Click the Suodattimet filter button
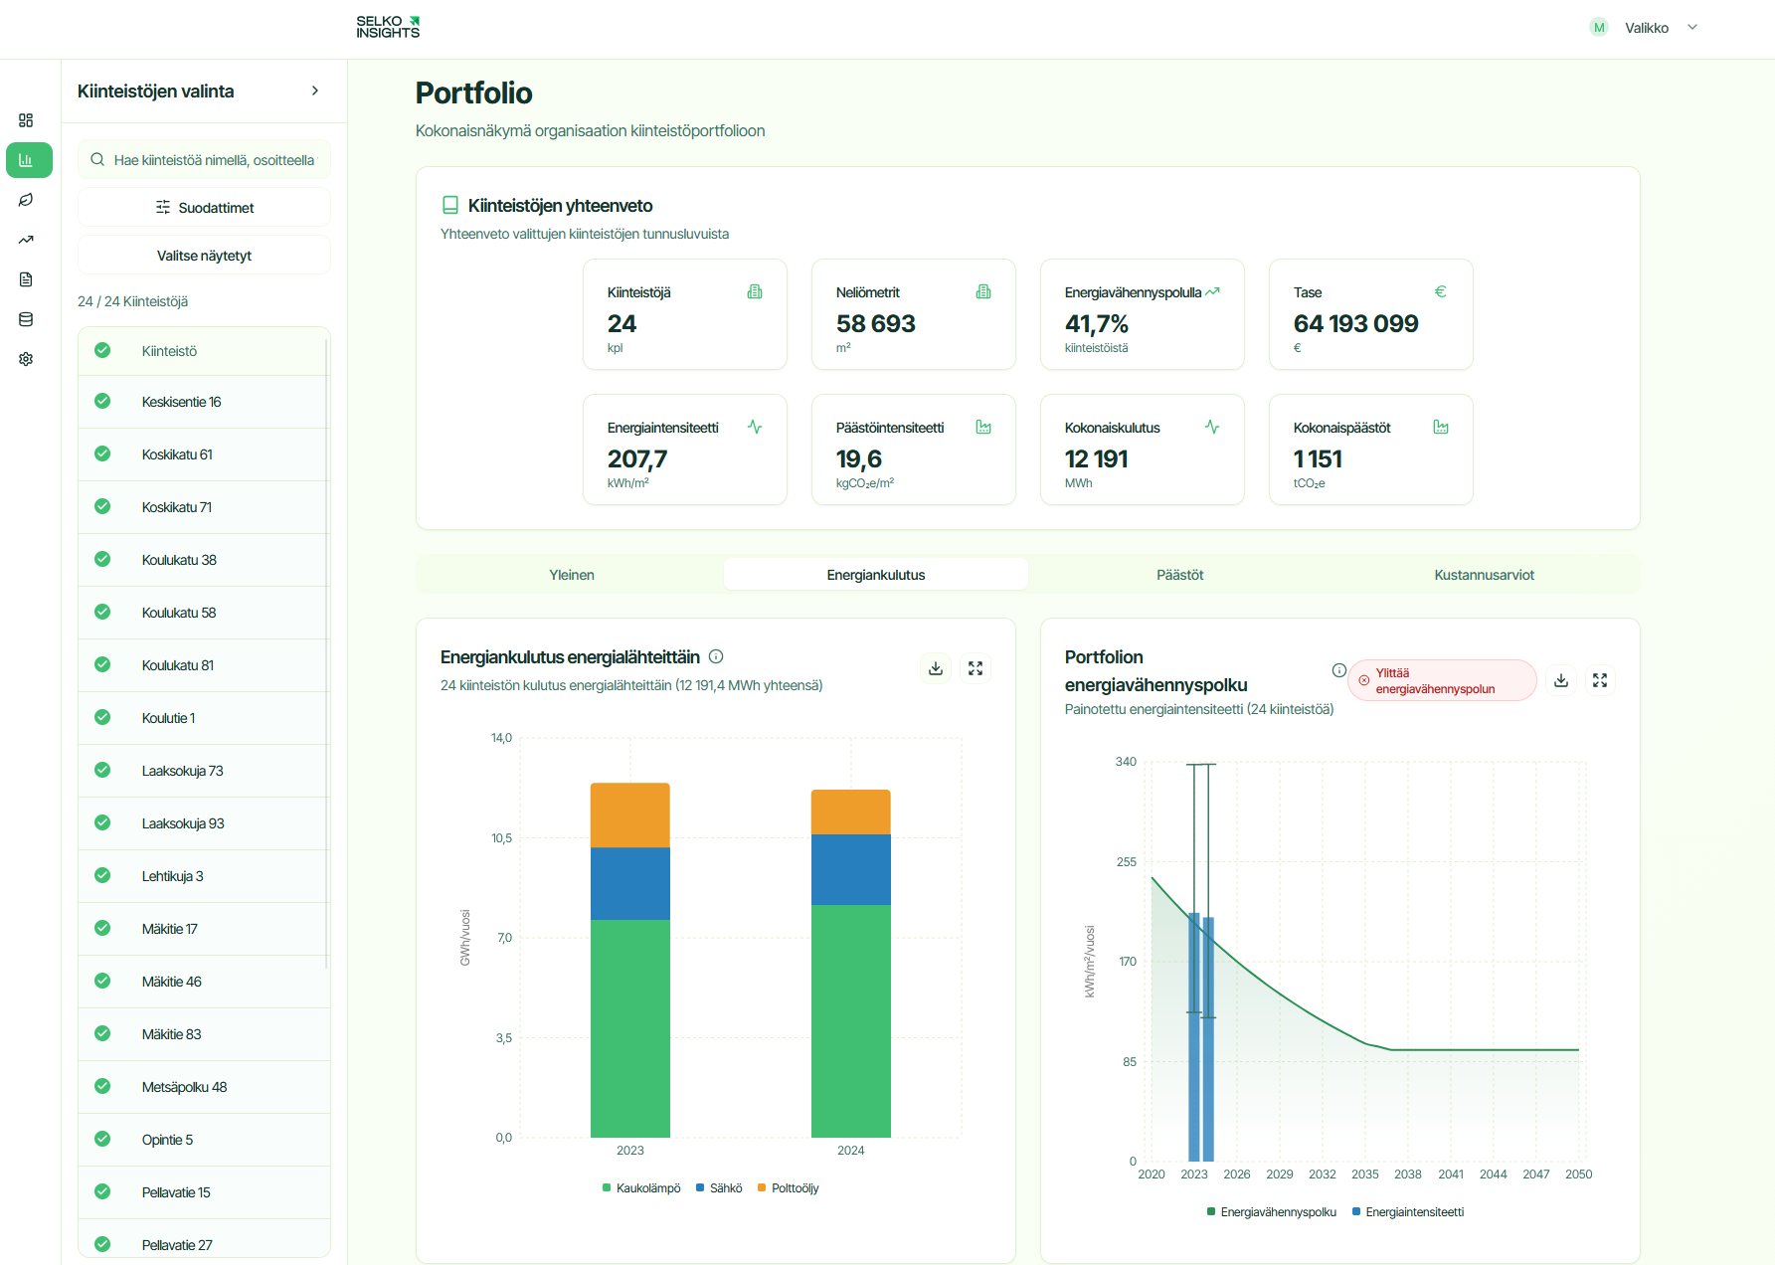pos(204,208)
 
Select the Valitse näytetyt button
pos(204,256)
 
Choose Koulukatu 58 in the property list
pos(179,613)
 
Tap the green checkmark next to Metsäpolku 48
pos(102,1086)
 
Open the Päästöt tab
pos(1179,575)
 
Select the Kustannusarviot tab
pos(1484,575)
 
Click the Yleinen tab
pos(572,575)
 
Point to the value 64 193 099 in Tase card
pos(1355,324)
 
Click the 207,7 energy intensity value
pos(637,459)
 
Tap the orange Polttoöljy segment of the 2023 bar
pos(629,815)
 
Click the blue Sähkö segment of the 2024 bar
pos(850,869)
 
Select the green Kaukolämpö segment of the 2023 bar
pos(629,1027)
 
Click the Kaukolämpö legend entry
pos(641,1188)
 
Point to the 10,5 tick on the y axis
pos(502,838)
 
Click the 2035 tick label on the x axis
pos(1364,1175)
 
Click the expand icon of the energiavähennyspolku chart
pos(1600,680)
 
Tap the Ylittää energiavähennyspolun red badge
pos(1442,681)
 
